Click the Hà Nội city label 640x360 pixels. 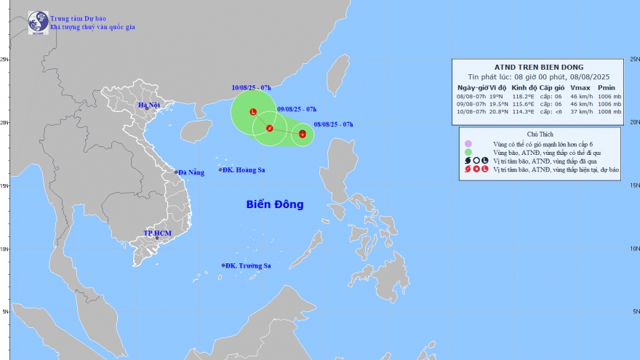(151, 106)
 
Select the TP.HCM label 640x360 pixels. (158, 233)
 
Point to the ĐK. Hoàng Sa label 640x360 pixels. (245, 169)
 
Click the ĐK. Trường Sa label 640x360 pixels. (248, 265)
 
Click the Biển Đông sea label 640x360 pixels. (274, 205)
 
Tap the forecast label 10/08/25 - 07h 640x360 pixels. (247, 87)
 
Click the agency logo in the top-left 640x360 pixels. (38, 22)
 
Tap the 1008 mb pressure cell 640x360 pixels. (609, 111)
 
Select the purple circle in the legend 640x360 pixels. (469, 143)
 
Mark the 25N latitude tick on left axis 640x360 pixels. (4, 60)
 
